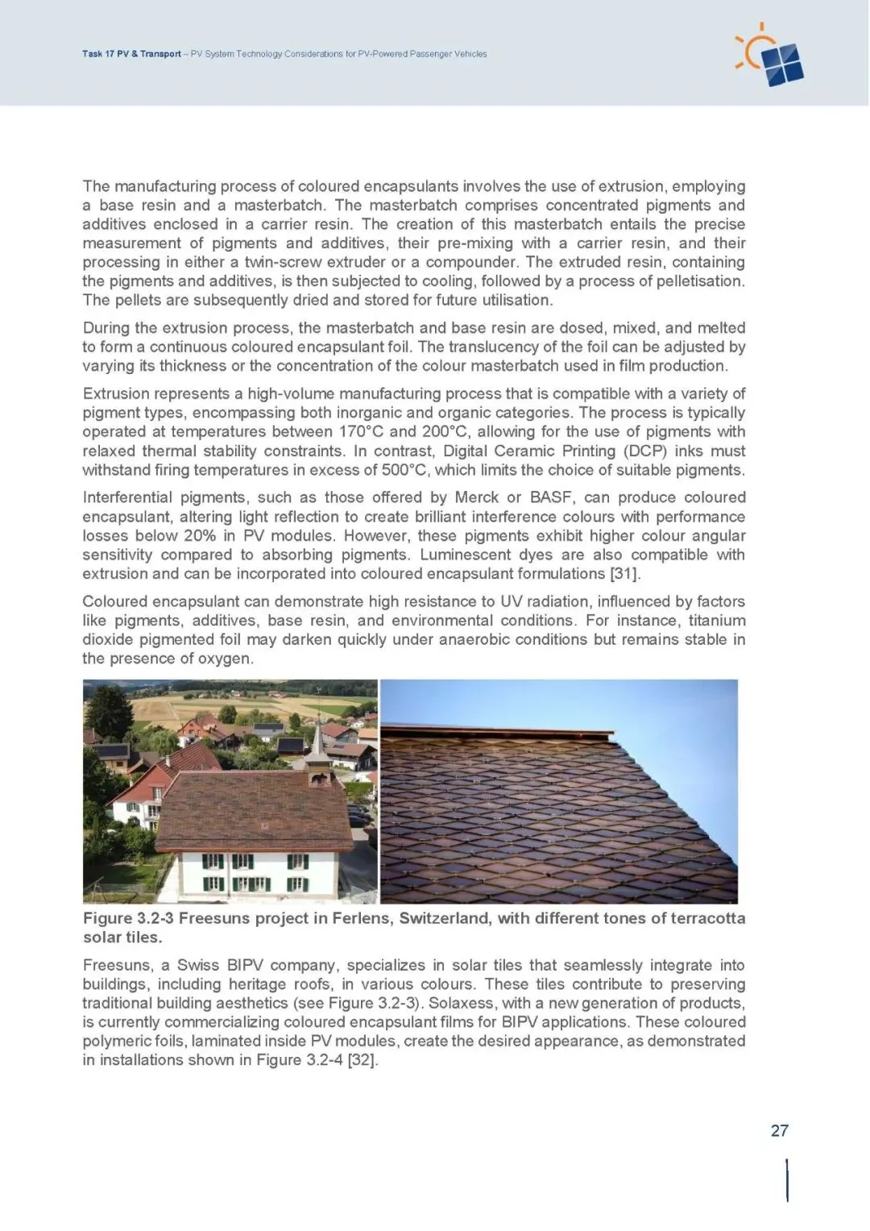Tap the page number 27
coord(779,1130)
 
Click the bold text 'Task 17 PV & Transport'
coord(131,54)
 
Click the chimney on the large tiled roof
coord(319,779)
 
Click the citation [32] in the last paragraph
coord(362,1060)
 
